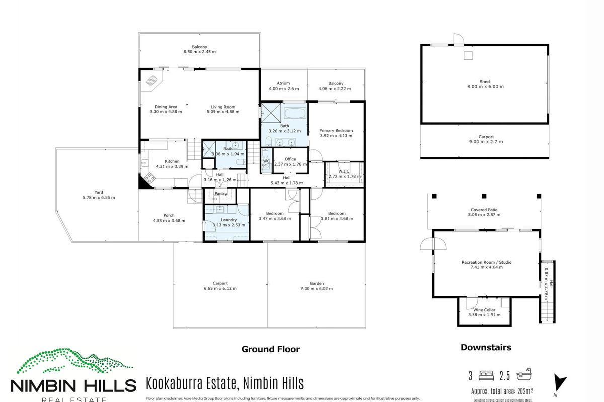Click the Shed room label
coord(484,81)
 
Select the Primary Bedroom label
coord(336,130)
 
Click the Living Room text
coord(222,107)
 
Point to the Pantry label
coord(220,193)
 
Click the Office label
coord(290,159)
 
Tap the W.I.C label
coord(344,171)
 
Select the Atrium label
coord(284,83)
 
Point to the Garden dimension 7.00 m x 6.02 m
coord(317,289)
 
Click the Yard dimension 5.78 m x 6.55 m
coord(99,197)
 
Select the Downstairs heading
coord(486,347)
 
